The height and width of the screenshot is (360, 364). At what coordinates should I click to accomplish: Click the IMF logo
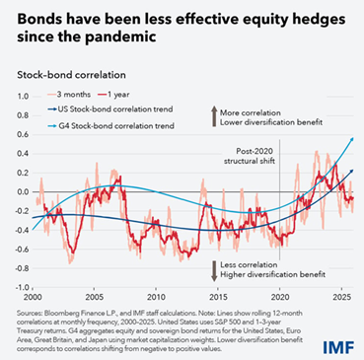[x=336, y=343]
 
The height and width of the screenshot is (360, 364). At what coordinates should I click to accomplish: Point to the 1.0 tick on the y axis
[x=20, y=96]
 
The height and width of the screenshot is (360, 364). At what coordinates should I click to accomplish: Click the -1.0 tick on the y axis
[x=19, y=287]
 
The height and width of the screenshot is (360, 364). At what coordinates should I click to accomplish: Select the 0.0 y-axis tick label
[x=20, y=191]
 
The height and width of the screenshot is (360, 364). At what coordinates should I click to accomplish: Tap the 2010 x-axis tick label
[x=156, y=296]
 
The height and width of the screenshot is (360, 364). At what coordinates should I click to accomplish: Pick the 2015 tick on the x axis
[x=218, y=296]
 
